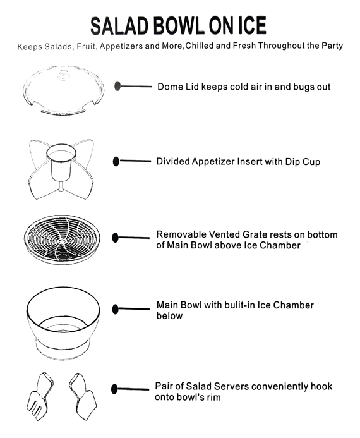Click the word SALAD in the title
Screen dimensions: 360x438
(119, 26)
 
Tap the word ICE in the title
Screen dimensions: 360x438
(252, 25)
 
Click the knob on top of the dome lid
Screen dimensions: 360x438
(64, 75)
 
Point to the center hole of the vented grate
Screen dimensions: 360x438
(62, 241)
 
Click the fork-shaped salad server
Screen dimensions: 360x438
(40, 396)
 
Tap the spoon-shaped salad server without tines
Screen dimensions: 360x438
(83, 396)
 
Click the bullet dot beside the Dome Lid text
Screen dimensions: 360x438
(117, 86)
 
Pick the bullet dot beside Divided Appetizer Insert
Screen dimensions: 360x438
(116, 161)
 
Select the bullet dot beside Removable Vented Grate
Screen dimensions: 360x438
(115, 238)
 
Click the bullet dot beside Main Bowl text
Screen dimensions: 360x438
(115, 309)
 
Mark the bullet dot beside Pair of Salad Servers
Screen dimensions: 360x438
(114, 389)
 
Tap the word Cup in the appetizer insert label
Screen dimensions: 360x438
(311, 162)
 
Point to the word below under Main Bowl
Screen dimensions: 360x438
(169, 315)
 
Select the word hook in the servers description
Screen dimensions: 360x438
(321, 386)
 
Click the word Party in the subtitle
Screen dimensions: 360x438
(332, 46)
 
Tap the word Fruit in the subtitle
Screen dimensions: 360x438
(86, 46)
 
